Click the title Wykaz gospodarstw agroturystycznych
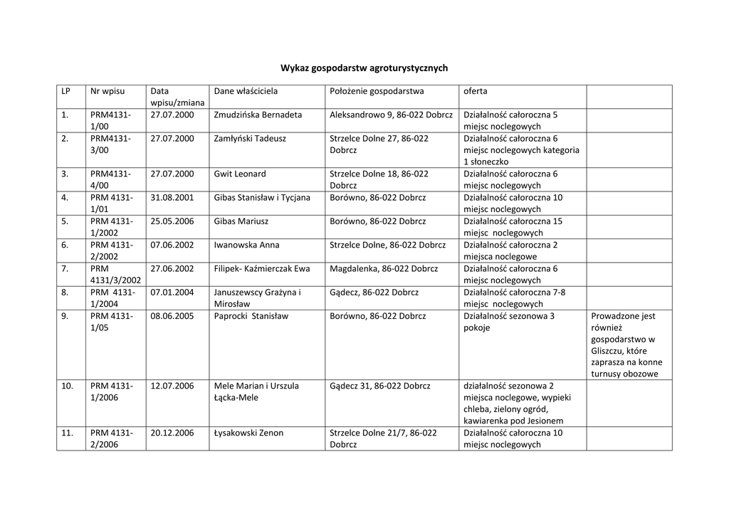coord(364,68)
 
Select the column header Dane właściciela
coord(246,91)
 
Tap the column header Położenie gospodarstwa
coord(377,91)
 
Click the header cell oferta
coord(476,91)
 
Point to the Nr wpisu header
coord(107,91)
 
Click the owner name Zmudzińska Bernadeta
coord(258,115)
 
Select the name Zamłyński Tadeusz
coord(250,138)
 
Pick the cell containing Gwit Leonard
coord(240,174)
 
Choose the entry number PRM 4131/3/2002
coord(115,275)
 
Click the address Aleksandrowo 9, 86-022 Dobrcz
coord(391,115)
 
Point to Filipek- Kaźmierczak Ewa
coord(262,268)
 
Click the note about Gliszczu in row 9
coord(626,345)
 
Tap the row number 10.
coord(68,386)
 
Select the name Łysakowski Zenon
coord(248,433)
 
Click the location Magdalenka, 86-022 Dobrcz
coord(384,268)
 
